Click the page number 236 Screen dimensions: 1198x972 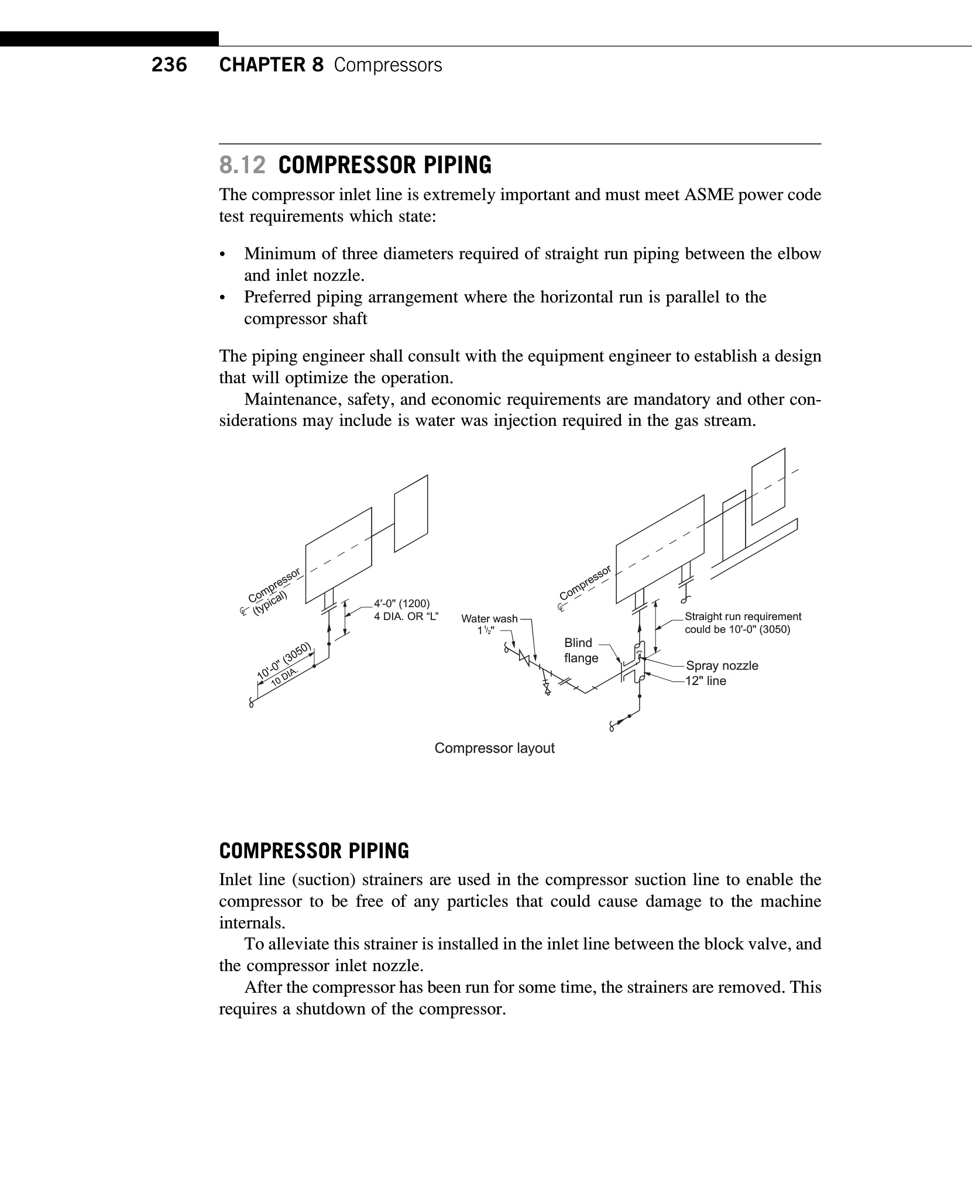(169, 65)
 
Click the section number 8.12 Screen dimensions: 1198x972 (242, 166)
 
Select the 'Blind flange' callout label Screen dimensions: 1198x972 (581, 650)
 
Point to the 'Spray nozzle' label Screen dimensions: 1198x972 (722, 666)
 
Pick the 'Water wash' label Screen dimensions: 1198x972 (489, 619)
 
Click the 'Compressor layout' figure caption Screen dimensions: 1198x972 (494, 748)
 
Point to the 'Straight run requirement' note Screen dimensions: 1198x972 (743, 617)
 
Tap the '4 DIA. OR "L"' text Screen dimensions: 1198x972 (406, 617)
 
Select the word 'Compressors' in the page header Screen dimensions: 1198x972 (388, 65)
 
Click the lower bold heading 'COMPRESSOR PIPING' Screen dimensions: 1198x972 (314, 851)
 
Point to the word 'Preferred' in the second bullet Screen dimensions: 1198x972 (277, 297)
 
